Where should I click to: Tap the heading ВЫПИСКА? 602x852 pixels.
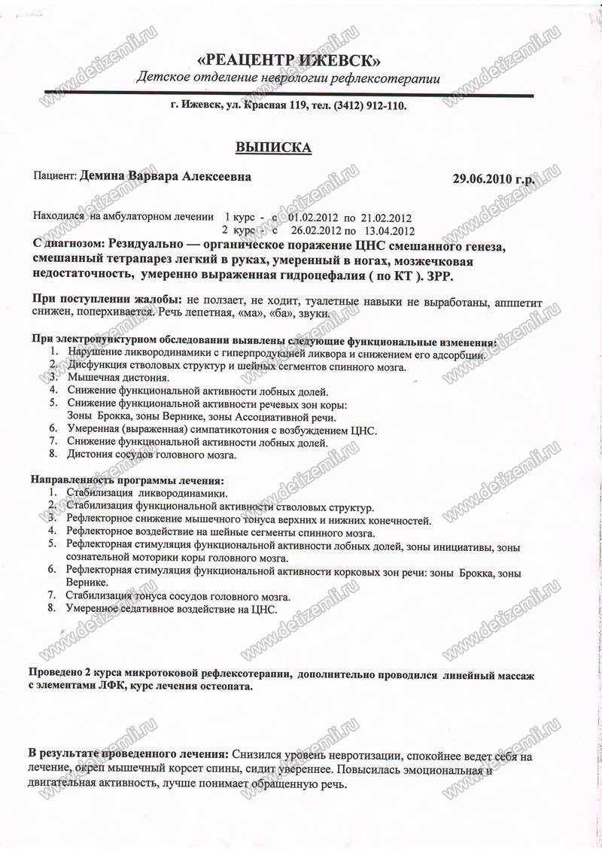[x=273, y=147]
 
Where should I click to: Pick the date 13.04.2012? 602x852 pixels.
[x=389, y=230]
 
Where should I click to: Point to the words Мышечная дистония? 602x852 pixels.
[x=119, y=379]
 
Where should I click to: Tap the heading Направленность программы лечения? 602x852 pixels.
[x=128, y=480]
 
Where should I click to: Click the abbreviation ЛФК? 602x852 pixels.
[x=102, y=686]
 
